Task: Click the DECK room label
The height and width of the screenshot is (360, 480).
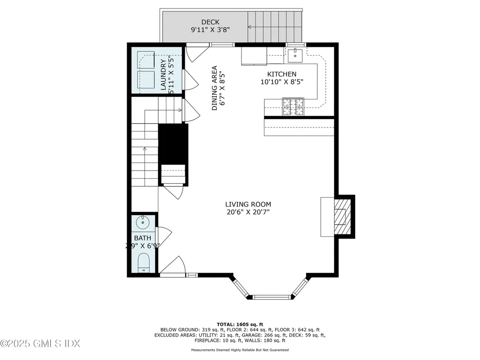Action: click(210, 22)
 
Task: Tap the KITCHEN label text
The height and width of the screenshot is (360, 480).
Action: click(282, 74)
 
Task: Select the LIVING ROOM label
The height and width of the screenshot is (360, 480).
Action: click(248, 204)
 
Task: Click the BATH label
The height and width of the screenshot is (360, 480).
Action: click(142, 238)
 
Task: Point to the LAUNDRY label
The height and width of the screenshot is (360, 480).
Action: click(163, 75)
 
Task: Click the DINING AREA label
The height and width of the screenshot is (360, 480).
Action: click(215, 88)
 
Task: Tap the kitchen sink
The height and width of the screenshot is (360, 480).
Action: click(295, 55)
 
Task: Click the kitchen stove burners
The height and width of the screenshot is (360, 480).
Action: click(292, 106)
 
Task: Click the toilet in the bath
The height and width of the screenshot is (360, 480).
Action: click(143, 262)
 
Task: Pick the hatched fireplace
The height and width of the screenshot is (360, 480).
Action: click(342, 216)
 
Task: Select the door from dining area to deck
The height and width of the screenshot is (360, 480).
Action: click(195, 53)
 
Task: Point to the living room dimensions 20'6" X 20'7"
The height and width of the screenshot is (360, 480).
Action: click(248, 212)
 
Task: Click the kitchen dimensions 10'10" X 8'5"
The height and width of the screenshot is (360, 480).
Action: click(282, 82)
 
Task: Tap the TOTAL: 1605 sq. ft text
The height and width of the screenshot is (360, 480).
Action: click(240, 324)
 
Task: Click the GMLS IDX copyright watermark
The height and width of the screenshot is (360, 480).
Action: click(40, 344)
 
